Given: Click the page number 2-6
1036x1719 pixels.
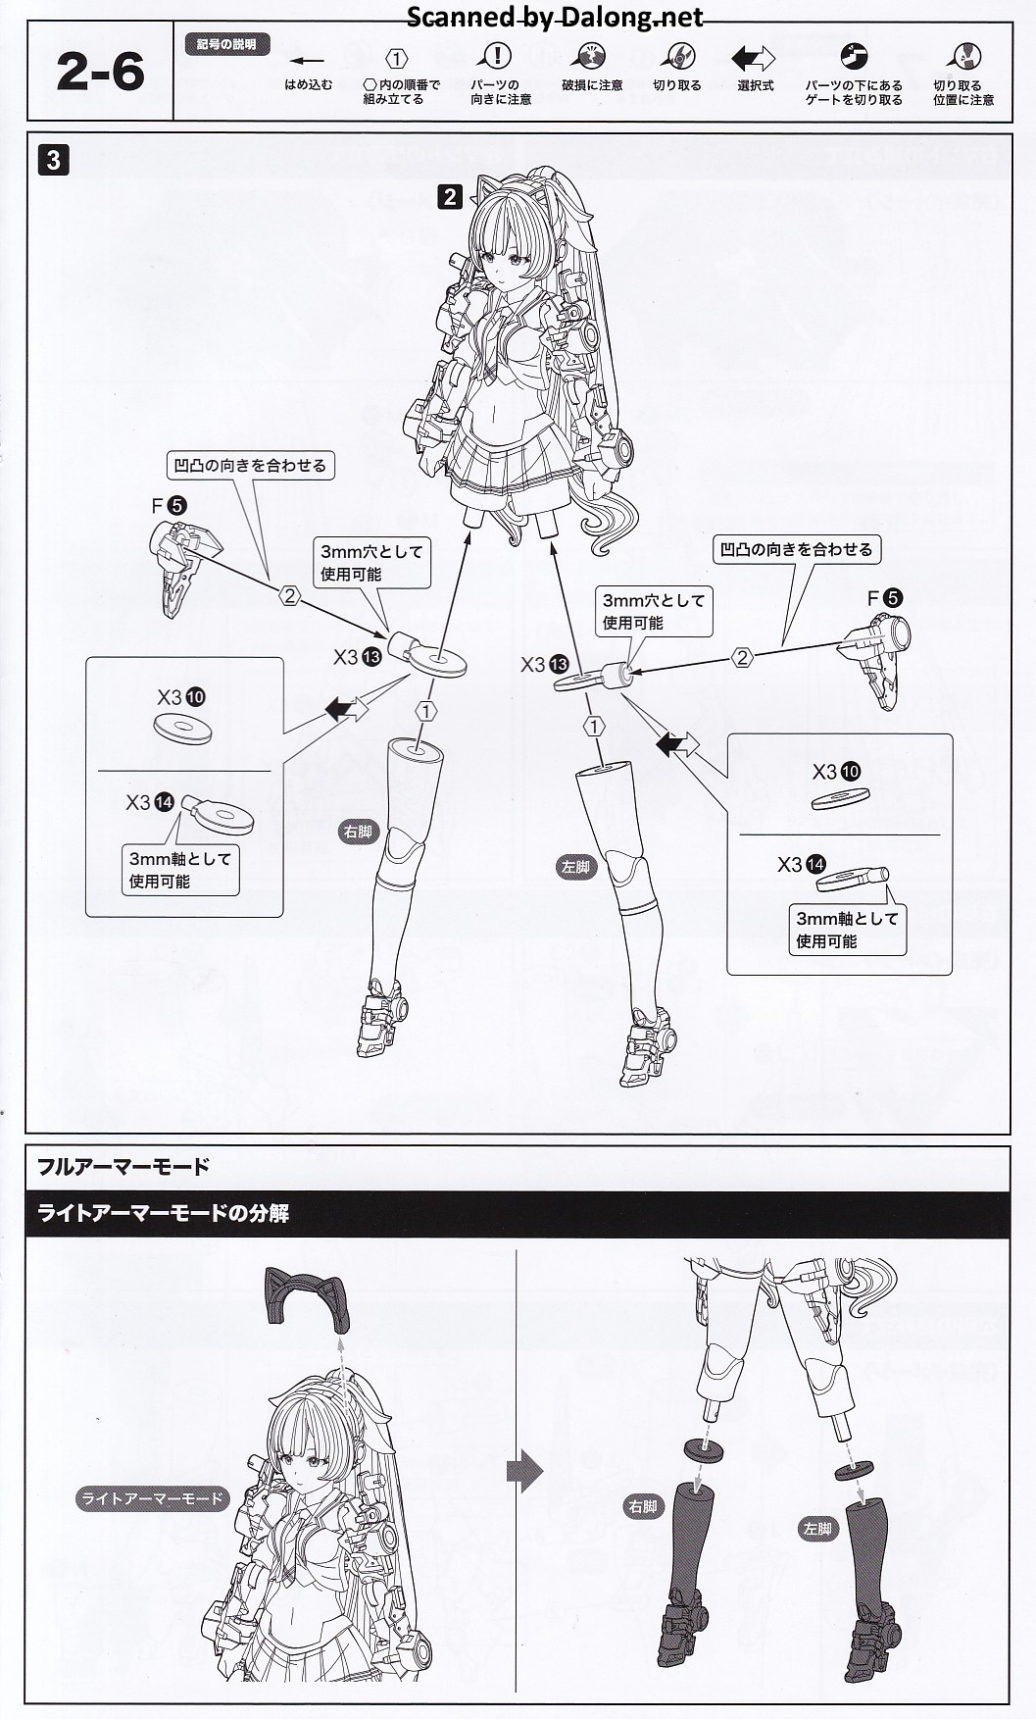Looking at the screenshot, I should pyautogui.click(x=100, y=73).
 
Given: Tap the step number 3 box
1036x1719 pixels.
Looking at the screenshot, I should pyautogui.click(x=54, y=160).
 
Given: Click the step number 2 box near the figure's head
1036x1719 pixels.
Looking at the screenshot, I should pyautogui.click(x=450, y=197).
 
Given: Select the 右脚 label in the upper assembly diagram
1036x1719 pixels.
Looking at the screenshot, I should pyautogui.click(x=358, y=833).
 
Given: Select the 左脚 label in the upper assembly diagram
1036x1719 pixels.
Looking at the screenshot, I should pyautogui.click(x=575, y=866).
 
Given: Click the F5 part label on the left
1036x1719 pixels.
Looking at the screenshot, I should pyautogui.click(x=169, y=506).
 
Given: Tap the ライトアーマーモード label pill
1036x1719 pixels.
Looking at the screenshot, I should pyautogui.click(x=153, y=1498).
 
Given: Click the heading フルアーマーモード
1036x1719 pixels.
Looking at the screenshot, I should pyautogui.click(x=123, y=1167).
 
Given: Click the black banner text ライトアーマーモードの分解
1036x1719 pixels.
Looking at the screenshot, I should pyautogui.click(x=163, y=1213).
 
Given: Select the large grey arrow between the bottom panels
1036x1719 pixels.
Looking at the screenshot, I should pyautogui.click(x=525, y=1471).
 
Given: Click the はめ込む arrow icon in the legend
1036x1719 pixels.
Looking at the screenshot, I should pyautogui.click(x=308, y=62).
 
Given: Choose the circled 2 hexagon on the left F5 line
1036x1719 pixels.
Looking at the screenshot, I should pyautogui.click(x=289, y=595).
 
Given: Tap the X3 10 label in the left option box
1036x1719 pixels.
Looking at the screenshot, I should pyautogui.click(x=181, y=697).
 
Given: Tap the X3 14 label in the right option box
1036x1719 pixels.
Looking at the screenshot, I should pyautogui.click(x=802, y=865).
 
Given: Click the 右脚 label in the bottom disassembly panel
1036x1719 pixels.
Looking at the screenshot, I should pyautogui.click(x=643, y=1506).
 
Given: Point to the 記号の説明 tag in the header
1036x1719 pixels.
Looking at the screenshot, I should pyautogui.click(x=226, y=45).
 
